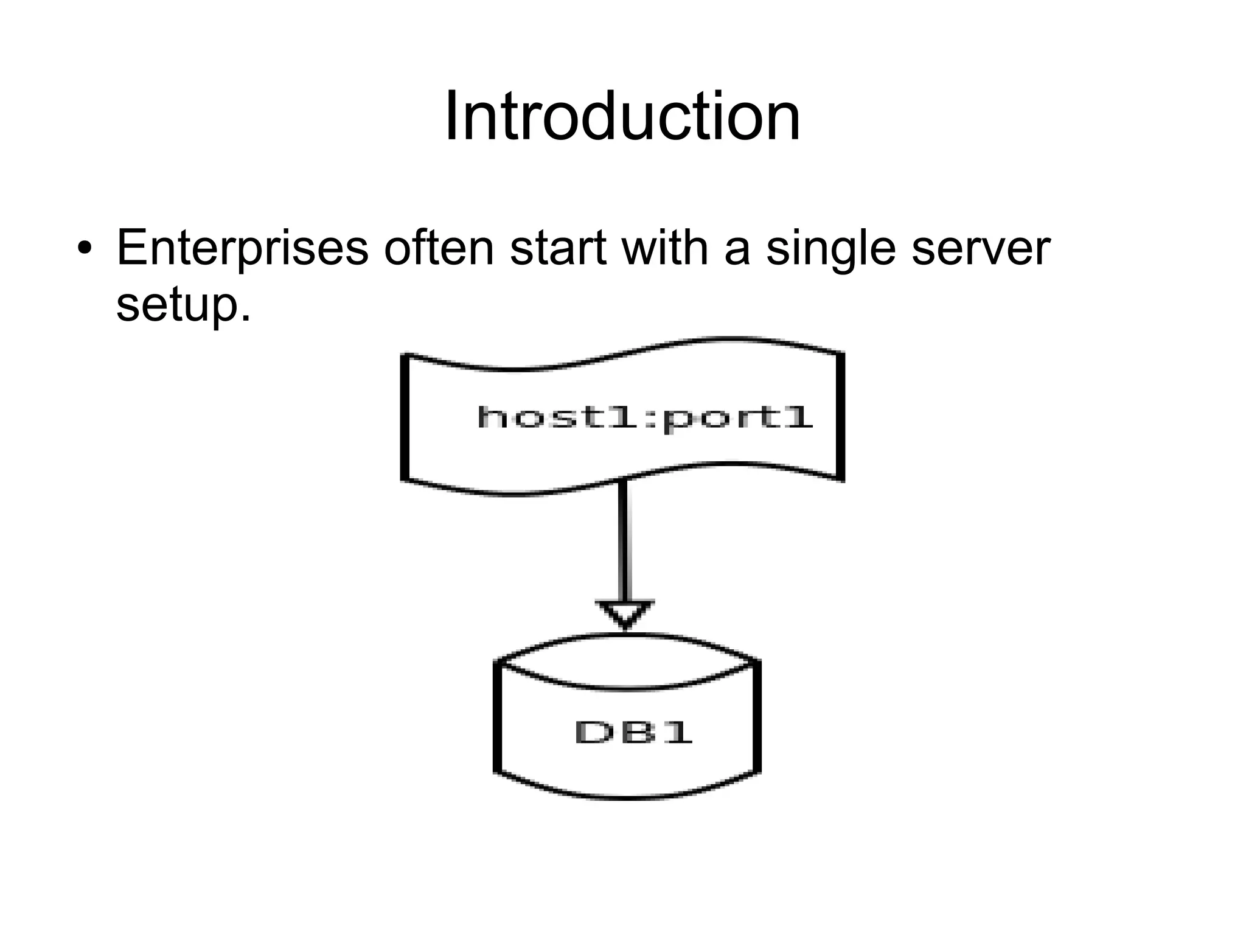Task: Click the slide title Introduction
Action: click(x=622, y=117)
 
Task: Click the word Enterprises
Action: click(x=242, y=249)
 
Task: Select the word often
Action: click(x=439, y=248)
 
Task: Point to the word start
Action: click(x=557, y=248)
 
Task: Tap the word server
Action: click(x=981, y=249)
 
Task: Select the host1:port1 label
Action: click(x=645, y=417)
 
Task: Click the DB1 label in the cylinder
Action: click(x=633, y=732)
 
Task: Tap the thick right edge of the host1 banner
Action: click(x=841, y=417)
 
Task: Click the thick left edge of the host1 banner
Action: click(x=405, y=417)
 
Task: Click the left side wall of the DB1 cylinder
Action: click(x=499, y=718)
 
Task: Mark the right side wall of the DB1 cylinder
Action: click(x=757, y=718)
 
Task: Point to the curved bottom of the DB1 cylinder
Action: click(x=627, y=795)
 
